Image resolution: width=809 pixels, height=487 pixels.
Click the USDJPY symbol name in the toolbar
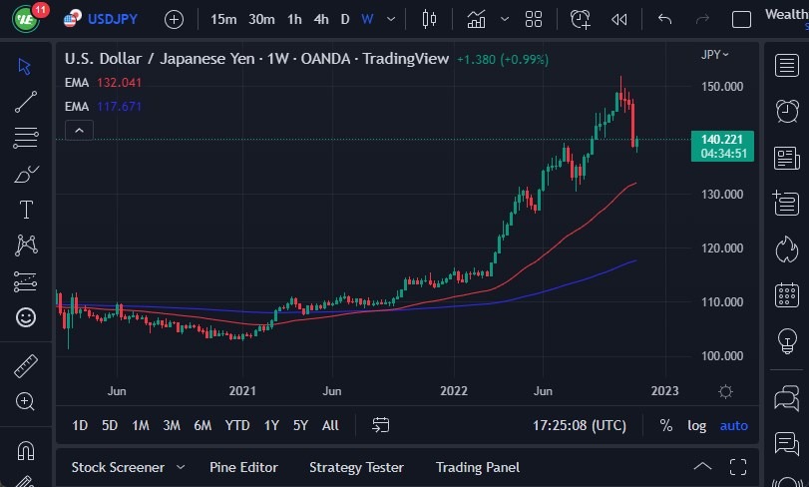pos(112,19)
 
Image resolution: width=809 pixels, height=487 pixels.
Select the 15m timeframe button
pos(223,19)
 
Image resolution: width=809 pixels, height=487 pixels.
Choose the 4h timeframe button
pos(320,19)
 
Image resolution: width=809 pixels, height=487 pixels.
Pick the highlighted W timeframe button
pos(367,19)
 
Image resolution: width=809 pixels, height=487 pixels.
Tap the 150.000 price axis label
pos(721,87)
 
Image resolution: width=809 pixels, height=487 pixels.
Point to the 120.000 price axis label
pos(721,248)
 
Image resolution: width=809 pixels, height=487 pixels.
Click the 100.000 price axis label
pos(721,356)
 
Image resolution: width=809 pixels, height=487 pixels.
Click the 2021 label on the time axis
pos(243,391)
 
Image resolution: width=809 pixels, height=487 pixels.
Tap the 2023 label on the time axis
pos(665,391)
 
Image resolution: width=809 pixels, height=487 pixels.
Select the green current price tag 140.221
pos(721,140)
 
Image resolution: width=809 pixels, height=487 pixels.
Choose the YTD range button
pos(237,425)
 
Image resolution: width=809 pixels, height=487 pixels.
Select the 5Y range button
pos(300,425)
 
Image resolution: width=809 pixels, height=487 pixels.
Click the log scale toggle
pos(696,425)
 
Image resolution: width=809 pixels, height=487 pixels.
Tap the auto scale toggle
pos(733,425)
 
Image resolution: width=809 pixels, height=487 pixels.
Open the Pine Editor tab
pos(243,467)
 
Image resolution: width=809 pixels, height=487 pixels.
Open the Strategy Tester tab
pos(356,467)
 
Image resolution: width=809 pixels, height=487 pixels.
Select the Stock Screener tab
pos(117,467)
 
